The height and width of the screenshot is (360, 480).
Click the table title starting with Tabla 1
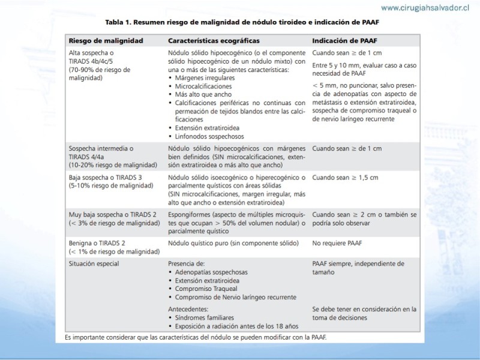point(242,22)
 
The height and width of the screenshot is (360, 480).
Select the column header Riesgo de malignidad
point(106,41)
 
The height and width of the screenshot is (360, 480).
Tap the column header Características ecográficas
point(214,41)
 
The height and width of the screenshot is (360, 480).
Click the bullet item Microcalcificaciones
point(202,86)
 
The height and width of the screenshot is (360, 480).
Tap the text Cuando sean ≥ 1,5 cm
point(345,178)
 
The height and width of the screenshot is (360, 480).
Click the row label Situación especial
point(94,263)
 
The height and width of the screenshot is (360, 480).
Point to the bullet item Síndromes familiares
point(205,317)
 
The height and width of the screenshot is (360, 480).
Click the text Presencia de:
point(187,263)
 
